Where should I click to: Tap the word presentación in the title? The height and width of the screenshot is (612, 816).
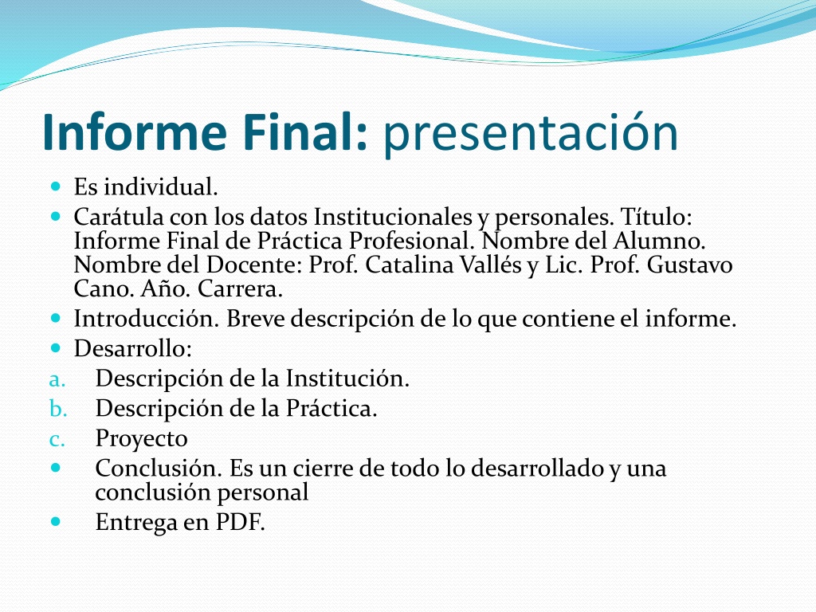[531, 134]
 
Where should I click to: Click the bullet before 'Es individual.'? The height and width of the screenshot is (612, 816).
[57, 186]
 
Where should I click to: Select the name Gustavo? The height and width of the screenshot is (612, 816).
[689, 265]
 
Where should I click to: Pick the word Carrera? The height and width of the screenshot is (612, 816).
[240, 289]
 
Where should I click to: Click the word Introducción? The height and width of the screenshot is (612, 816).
[147, 319]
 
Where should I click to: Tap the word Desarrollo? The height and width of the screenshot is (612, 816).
[133, 349]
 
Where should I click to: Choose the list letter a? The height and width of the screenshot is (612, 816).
[57, 380]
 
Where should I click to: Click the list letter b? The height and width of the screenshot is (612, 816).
[58, 409]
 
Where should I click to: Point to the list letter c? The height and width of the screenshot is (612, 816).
[57, 440]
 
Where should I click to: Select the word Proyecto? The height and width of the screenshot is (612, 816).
[142, 439]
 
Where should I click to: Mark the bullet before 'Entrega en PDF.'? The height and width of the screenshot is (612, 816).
[57, 520]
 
